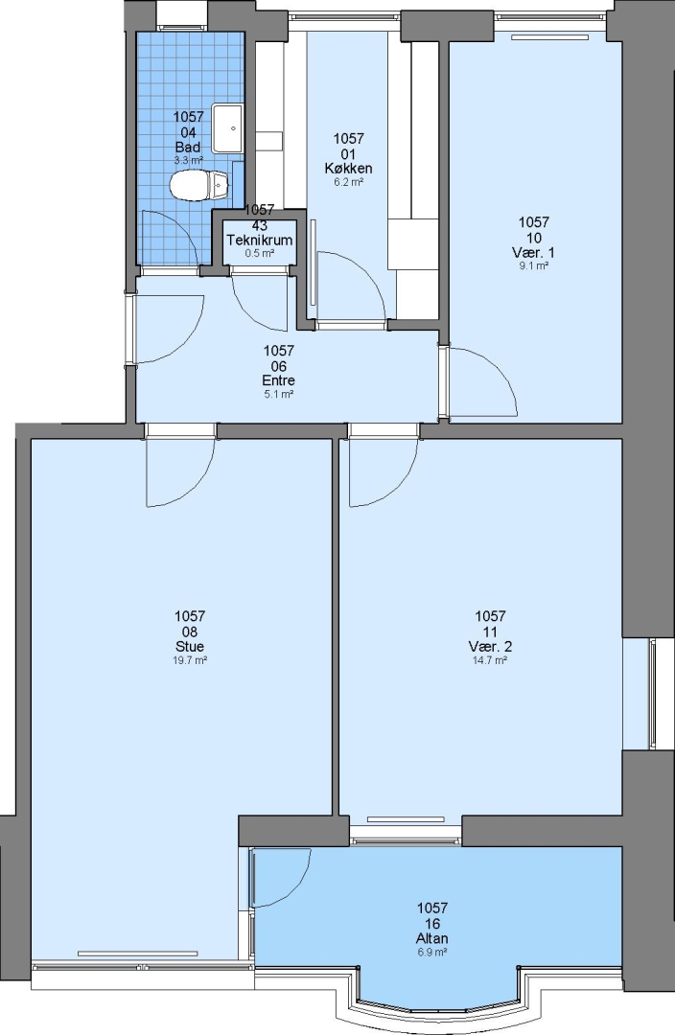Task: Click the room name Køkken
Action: click(348, 169)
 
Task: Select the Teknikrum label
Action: click(260, 241)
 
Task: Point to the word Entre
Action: click(278, 380)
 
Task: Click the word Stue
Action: click(190, 646)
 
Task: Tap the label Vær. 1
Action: click(533, 253)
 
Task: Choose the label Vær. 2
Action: click(490, 646)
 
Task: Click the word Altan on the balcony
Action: click(432, 938)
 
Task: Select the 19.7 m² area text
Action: click(190, 660)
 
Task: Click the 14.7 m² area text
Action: click(490, 660)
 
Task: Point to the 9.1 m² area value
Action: click(534, 266)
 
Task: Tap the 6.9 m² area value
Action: click(432, 952)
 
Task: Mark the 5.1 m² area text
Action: click(278, 394)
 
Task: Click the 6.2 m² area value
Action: click(348, 181)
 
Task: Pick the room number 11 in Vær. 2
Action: click(490, 632)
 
